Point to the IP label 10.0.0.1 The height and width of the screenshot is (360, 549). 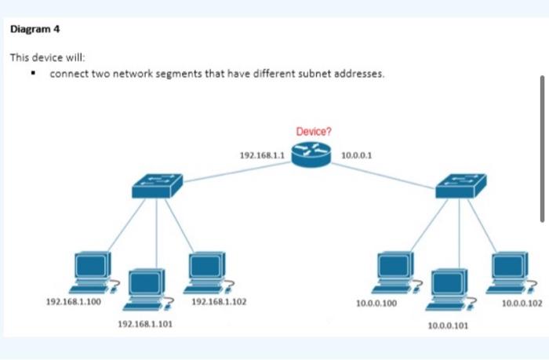(357, 155)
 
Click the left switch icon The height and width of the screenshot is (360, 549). (157, 185)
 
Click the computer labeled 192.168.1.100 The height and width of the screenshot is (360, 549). (93, 271)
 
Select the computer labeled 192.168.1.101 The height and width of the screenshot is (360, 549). (147, 287)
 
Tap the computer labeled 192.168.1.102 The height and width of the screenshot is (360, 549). (206, 271)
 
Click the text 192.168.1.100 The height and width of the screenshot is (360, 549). (74, 301)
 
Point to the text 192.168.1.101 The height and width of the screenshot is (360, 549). (140, 323)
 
